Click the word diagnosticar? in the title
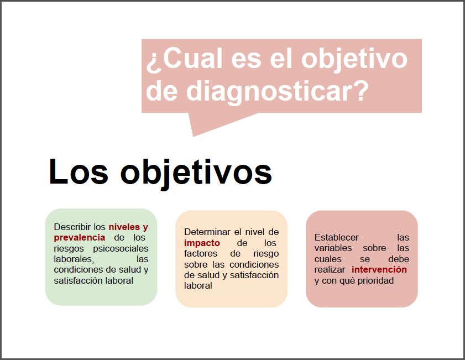(x=277, y=91)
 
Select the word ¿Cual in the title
(x=184, y=59)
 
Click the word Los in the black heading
(x=79, y=171)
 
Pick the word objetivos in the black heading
(x=196, y=174)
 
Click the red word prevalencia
(x=80, y=238)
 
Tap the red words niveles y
(x=128, y=227)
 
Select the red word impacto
(x=202, y=243)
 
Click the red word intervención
(x=379, y=269)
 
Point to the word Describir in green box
(x=72, y=227)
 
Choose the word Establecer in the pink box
(x=337, y=238)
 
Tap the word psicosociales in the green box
(x=121, y=248)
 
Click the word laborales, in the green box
(x=74, y=259)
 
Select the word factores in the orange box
(x=201, y=253)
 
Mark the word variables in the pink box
(x=333, y=248)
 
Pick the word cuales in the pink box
(x=328, y=259)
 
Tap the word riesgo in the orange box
(x=266, y=254)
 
